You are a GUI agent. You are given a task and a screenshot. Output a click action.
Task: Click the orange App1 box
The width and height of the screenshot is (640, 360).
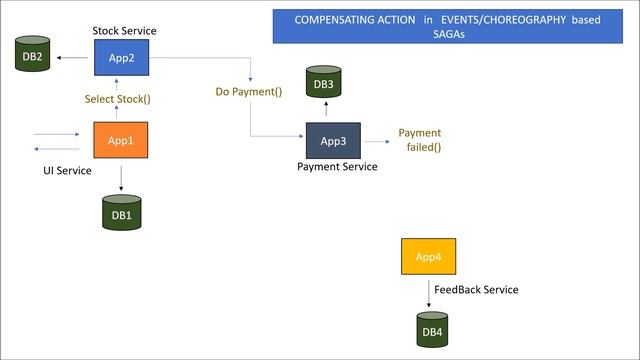[121, 141]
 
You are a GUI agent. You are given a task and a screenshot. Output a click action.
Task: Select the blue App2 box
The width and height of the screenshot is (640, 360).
[121, 58]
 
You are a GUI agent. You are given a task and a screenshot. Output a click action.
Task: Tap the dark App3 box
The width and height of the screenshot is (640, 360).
[333, 141]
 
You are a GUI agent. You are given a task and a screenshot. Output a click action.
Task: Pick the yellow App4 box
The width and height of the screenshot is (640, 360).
[428, 257]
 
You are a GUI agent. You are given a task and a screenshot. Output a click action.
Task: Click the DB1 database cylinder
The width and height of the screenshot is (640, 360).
[121, 213]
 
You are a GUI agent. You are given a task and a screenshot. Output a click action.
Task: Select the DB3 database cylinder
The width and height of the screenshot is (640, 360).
[324, 84]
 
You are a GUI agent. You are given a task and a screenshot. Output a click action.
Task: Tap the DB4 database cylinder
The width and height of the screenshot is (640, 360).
[432, 330]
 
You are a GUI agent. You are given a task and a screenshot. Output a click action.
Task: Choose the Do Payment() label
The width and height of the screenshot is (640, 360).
[249, 92]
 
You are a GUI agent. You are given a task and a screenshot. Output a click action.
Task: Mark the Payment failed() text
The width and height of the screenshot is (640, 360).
[420, 140]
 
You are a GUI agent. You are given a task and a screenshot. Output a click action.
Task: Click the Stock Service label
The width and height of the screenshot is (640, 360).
[124, 31]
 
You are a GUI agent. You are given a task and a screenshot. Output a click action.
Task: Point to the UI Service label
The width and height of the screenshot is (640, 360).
[67, 171]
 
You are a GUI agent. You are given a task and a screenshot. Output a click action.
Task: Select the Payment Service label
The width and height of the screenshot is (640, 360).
[337, 167]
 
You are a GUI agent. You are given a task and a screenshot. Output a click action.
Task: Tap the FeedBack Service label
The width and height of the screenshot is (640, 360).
[476, 290]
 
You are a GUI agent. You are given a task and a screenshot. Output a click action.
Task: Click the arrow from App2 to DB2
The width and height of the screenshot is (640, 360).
[75, 58]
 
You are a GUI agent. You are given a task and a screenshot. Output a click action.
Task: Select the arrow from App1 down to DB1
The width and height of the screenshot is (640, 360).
[121, 177]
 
